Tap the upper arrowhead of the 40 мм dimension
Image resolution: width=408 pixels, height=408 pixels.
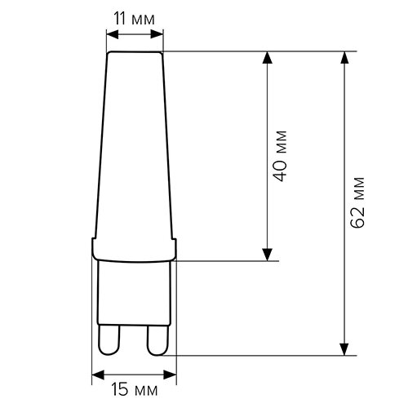pos(266,59)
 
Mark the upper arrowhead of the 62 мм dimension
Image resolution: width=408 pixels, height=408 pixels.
pos(348,59)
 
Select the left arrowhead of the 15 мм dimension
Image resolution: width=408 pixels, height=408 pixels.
pos(96,375)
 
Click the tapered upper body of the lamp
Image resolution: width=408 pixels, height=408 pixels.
pos(135,147)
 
